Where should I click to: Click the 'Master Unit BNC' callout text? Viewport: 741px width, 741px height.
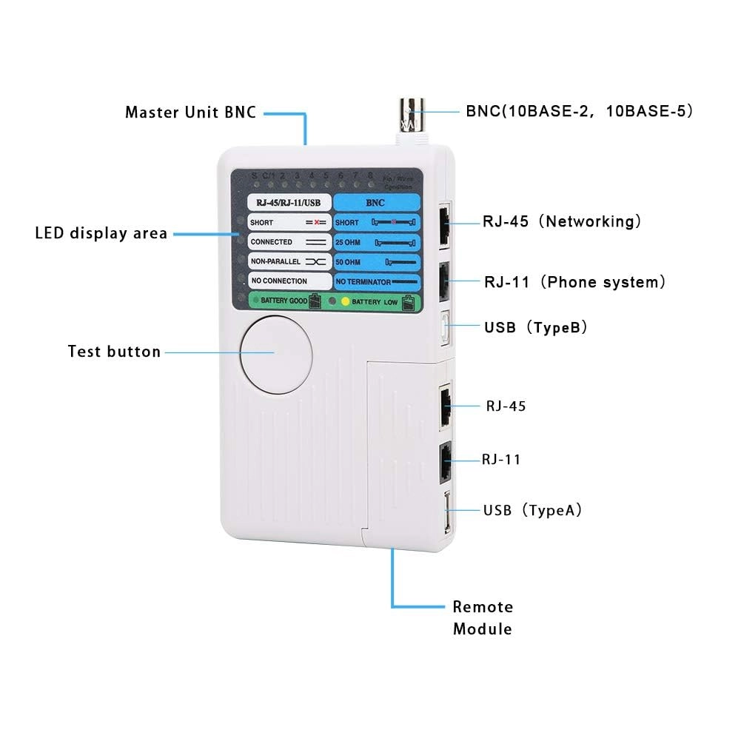click(x=190, y=113)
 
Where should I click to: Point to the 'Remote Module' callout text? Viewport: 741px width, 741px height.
click(x=483, y=618)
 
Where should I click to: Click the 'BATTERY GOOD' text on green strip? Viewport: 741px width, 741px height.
click(x=283, y=301)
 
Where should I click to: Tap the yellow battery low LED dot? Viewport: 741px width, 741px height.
click(x=344, y=302)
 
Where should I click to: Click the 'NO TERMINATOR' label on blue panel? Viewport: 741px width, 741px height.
click(x=363, y=282)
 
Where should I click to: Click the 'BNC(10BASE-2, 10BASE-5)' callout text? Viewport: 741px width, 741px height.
click(x=579, y=112)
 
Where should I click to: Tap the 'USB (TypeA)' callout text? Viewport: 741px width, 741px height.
click(x=532, y=510)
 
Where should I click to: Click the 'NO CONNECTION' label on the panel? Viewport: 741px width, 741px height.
click(x=278, y=281)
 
